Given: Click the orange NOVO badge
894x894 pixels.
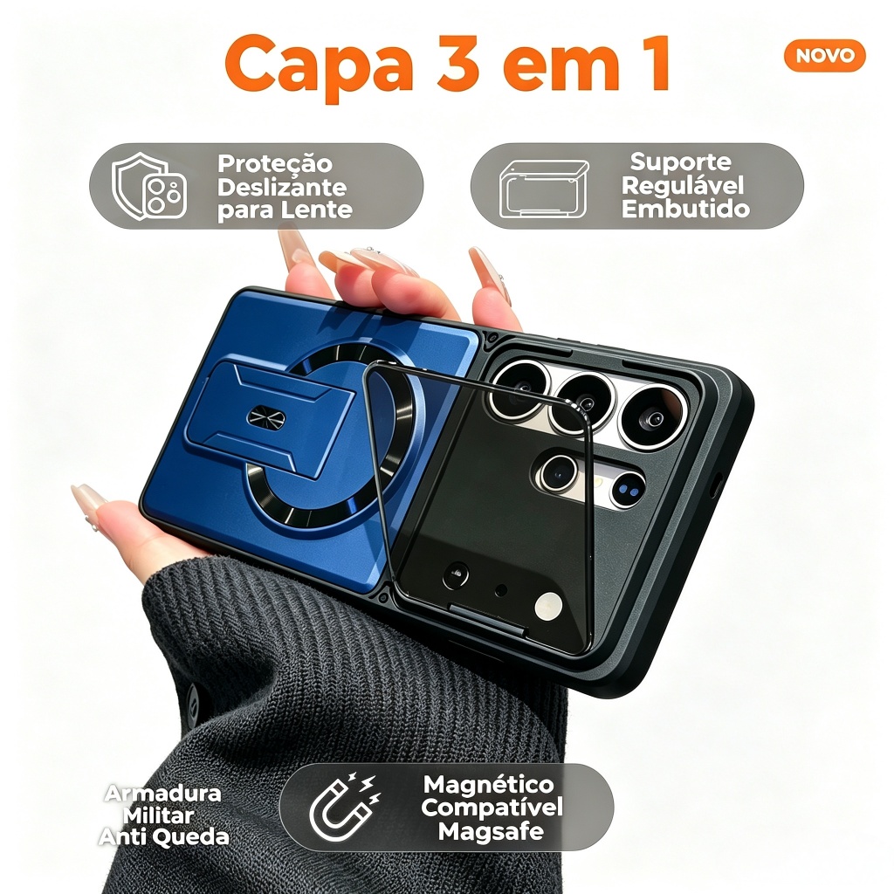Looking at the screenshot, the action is (x=824, y=55).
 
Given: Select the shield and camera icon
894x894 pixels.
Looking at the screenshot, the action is (x=149, y=186).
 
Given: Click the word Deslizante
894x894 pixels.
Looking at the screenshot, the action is (x=282, y=187).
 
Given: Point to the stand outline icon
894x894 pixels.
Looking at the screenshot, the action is (x=544, y=189).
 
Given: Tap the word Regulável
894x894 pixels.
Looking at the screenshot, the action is (x=683, y=185).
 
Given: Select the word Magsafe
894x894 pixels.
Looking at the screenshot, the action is (x=491, y=831).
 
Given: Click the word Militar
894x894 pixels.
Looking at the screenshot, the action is (x=159, y=815).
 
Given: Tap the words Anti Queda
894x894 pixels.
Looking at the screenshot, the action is (x=163, y=837).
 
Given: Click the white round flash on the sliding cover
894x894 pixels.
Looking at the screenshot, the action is (x=548, y=607).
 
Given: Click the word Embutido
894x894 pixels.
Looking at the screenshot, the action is (x=685, y=209).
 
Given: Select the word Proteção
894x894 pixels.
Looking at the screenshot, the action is (x=275, y=164).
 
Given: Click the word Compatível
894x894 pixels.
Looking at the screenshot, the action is (x=492, y=807).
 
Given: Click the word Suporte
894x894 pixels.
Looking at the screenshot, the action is (x=680, y=162).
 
